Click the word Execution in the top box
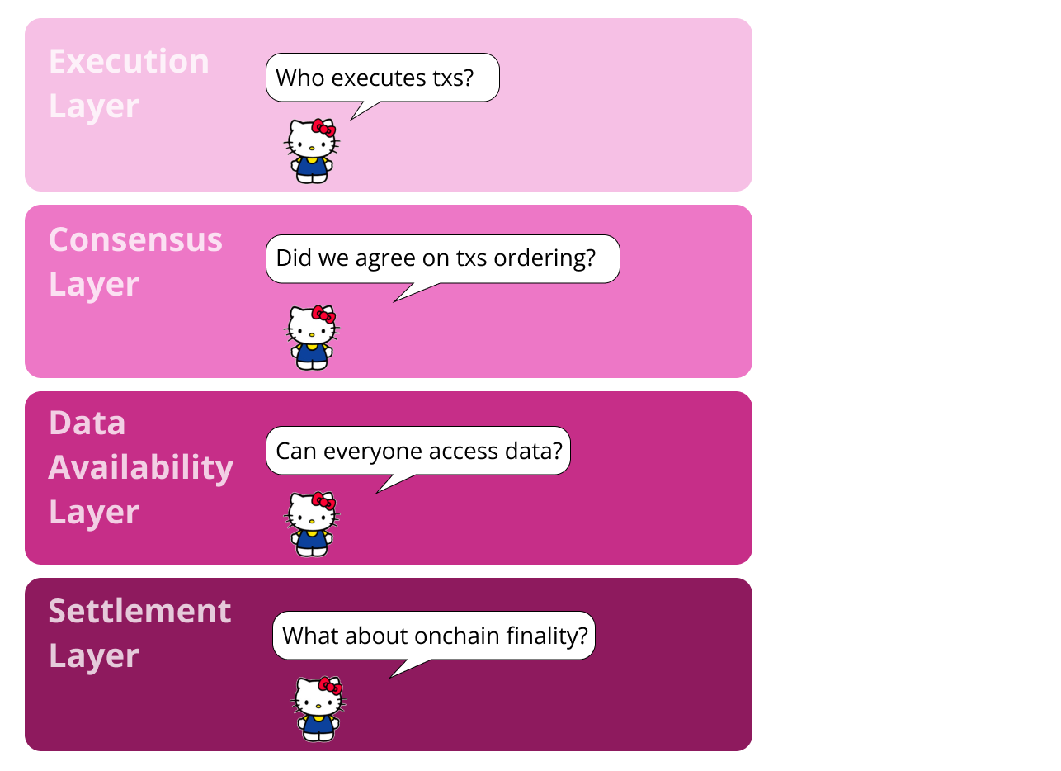129,61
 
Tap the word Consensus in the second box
135,239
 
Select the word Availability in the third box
141,469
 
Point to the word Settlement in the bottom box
139,611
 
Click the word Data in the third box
87,423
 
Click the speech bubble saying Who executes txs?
383,78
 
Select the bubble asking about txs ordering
443,259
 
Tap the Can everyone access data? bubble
418,451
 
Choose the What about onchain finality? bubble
434,636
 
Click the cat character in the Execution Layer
312,151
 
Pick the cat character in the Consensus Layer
312,338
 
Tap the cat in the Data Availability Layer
312,524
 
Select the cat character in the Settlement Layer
318,709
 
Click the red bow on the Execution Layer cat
323,128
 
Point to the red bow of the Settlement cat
330,686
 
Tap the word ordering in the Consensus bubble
545,259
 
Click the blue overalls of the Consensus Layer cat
312,356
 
